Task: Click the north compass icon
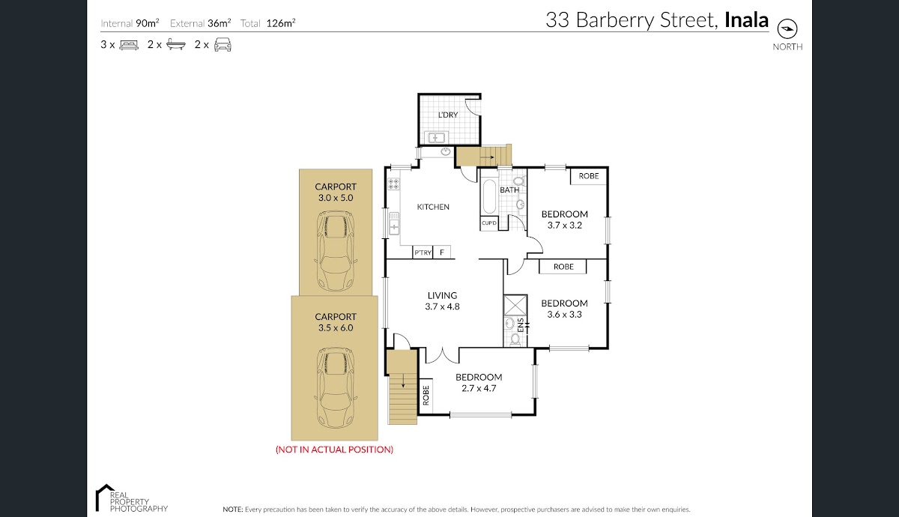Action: click(787, 28)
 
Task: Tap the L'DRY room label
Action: click(448, 115)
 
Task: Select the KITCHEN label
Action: click(433, 207)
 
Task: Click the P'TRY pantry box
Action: click(423, 253)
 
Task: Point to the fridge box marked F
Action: click(442, 253)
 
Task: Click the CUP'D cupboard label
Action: click(488, 223)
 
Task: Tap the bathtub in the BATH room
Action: click(488, 196)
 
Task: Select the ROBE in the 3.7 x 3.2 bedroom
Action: click(588, 176)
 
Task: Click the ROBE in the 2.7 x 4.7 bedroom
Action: click(426, 396)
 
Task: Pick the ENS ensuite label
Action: click(521, 325)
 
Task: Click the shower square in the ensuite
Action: click(515, 306)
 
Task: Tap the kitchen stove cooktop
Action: click(394, 184)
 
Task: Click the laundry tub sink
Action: click(436, 138)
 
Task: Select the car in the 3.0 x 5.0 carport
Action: click(336, 251)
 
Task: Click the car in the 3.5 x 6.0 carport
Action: click(336, 388)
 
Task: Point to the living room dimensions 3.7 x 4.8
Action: click(442, 306)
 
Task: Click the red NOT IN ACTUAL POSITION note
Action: click(334, 450)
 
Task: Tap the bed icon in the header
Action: click(129, 44)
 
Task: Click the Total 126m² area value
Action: click(281, 23)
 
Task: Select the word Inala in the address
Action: click(746, 19)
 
